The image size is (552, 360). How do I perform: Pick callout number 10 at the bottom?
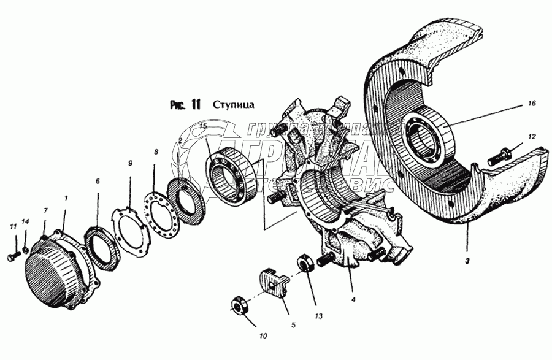(x=263, y=336)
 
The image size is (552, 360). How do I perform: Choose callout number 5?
(x=293, y=325)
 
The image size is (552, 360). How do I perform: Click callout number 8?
(x=156, y=151)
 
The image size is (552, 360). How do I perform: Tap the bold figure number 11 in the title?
(x=194, y=105)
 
